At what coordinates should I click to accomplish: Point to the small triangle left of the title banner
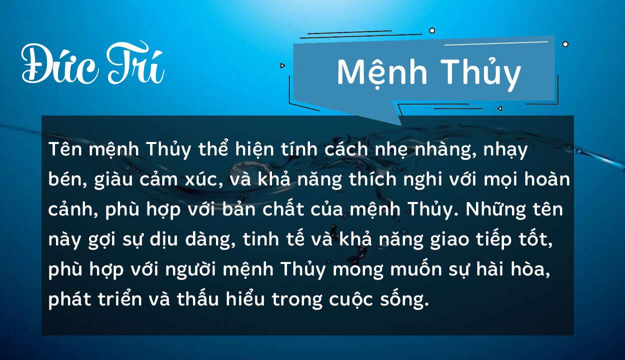283,65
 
